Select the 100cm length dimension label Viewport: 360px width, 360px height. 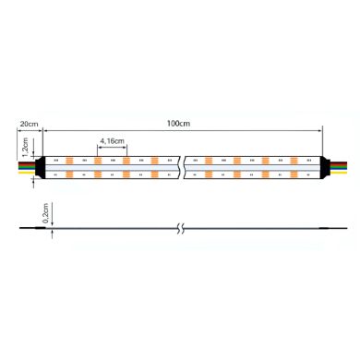tap(180, 123)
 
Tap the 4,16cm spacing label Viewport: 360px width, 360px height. tap(112, 140)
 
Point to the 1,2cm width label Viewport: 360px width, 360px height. tap(27, 147)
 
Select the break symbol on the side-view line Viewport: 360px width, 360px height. tap(182, 226)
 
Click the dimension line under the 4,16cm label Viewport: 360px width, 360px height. tap(111, 147)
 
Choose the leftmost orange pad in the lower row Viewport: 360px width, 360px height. tap(70, 174)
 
